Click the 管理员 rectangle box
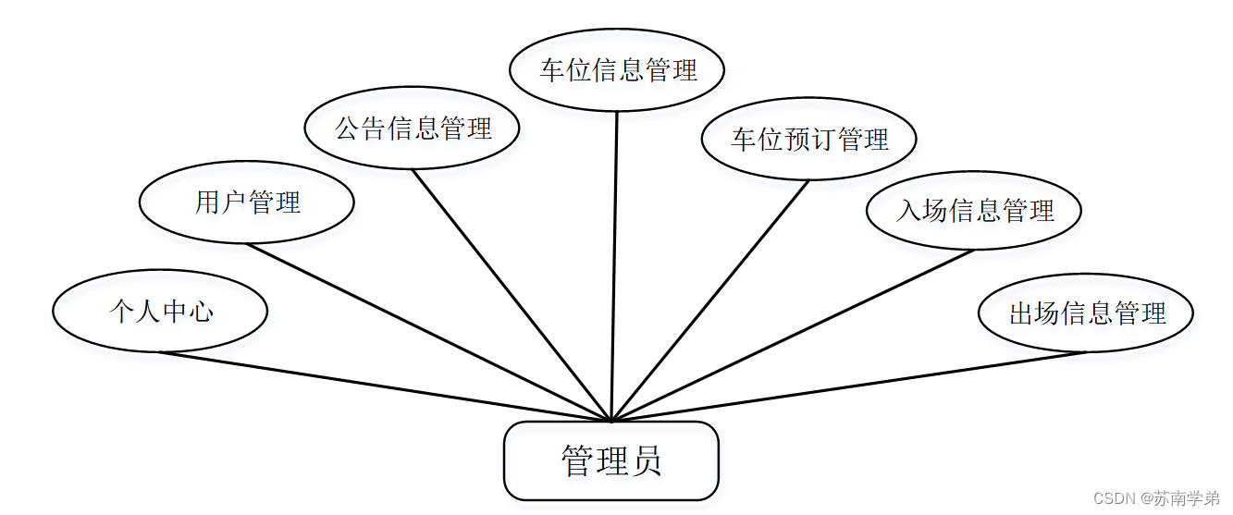[x=610, y=460]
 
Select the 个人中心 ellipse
[x=160, y=312]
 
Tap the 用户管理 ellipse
[x=247, y=203]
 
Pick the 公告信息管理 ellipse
[x=413, y=129]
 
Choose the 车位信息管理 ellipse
[x=617, y=70]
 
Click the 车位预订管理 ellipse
[x=808, y=140]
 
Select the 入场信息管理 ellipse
[x=974, y=211]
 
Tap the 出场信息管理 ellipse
[x=1086, y=313]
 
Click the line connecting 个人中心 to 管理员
[x=385, y=386]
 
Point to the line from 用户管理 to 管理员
[x=429, y=332]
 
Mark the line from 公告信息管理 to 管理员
[x=512, y=294]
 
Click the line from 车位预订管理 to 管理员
[x=709, y=300]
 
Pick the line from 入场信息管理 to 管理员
[x=793, y=336]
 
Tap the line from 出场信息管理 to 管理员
[x=848, y=386]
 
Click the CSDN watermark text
[x=1155, y=498]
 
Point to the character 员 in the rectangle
[x=645, y=460]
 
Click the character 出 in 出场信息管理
[x=1020, y=313]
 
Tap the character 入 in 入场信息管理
[x=908, y=211]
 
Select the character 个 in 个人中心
[x=121, y=312]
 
